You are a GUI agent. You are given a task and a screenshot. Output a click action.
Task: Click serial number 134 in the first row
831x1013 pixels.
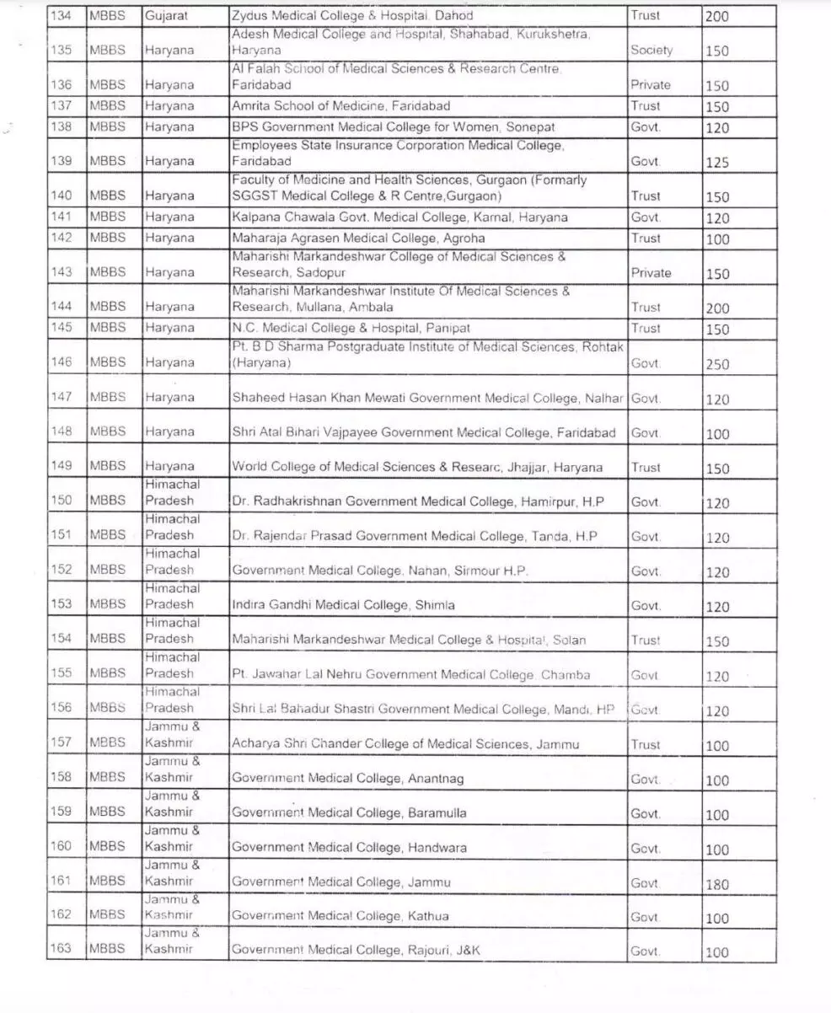pos(62,16)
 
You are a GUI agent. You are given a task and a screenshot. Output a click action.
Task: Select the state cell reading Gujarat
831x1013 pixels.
pos(166,16)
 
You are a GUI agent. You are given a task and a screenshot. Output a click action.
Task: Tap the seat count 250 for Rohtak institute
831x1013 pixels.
pos(717,365)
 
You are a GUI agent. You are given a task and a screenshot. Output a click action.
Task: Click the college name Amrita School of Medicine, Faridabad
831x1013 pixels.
pos(340,106)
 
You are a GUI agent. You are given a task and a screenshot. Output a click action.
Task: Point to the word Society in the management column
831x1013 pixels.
pos(651,51)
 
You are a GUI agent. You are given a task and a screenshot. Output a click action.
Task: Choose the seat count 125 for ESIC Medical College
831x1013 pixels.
pos(717,163)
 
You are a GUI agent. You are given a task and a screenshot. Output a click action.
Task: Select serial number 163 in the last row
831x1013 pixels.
pos(61,949)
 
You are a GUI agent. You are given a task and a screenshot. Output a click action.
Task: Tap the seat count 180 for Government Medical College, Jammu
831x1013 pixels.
pos(717,884)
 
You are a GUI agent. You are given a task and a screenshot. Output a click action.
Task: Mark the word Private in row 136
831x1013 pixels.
pos(651,85)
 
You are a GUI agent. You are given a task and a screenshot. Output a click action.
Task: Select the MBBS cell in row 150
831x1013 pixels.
pos(108,501)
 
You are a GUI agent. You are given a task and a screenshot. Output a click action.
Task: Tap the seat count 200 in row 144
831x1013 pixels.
pos(717,308)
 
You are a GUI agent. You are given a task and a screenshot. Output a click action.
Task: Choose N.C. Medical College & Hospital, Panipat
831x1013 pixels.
pos(351,328)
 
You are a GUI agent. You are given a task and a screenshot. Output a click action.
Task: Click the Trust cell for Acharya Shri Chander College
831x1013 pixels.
pos(646,745)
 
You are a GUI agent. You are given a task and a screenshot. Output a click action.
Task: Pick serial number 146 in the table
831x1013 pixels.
pos(62,362)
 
